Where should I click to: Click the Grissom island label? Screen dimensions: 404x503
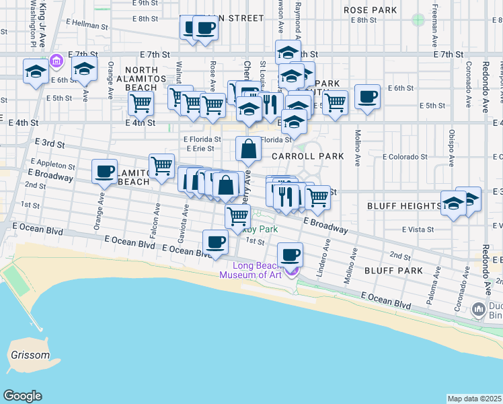pos(30,355)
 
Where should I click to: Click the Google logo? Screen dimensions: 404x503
pos(23,396)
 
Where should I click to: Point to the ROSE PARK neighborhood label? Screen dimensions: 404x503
pos(370,10)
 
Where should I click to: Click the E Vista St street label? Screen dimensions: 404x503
pos(418,230)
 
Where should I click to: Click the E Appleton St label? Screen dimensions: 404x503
pos(52,164)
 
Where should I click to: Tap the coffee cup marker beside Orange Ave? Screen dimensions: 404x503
pos(104,172)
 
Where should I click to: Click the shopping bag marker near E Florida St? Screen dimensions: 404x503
pos(248,149)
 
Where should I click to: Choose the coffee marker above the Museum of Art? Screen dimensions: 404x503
pos(290,255)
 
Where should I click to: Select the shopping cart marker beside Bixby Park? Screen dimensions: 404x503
pos(237,217)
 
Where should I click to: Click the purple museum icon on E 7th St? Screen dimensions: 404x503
pos(56,62)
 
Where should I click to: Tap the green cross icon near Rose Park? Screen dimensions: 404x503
pos(419,20)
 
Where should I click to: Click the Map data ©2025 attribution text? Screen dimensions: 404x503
pos(475,399)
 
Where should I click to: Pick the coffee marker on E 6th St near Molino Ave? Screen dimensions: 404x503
pos(367,97)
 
